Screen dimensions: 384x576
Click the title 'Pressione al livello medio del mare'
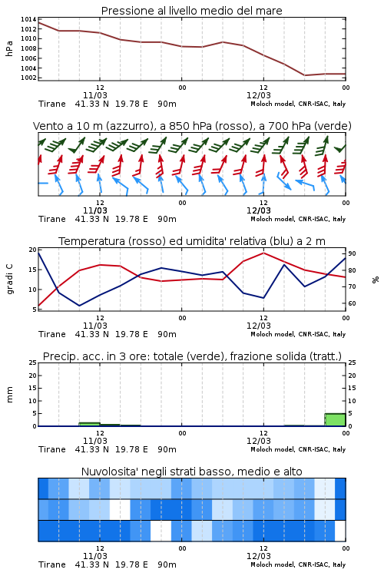click(191, 11)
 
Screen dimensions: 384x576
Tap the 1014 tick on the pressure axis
click(28, 19)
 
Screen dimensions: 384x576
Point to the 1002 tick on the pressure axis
click(28, 78)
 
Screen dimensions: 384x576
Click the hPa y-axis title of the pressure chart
click(9, 48)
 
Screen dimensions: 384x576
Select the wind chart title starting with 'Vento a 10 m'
click(192, 126)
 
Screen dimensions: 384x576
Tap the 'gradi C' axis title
click(10, 279)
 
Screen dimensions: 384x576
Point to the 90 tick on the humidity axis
click(352, 253)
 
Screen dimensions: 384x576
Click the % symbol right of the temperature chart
click(376, 280)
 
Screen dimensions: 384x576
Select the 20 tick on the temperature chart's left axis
click(33, 250)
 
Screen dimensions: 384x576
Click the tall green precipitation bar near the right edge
click(335, 420)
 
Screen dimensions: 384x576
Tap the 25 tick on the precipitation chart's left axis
click(33, 362)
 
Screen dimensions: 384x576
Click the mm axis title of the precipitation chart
click(9, 395)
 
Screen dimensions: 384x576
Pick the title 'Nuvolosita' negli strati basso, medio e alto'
click(191, 472)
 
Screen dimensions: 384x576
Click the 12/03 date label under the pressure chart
click(258, 95)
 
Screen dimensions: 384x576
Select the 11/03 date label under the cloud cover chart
click(94, 556)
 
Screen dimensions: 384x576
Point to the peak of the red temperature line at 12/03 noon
click(263, 253)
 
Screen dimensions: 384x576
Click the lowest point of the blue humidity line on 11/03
click(79, 306)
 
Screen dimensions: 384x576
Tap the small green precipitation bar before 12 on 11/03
click(89, 424)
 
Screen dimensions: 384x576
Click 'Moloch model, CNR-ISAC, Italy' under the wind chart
click(298, 219)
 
